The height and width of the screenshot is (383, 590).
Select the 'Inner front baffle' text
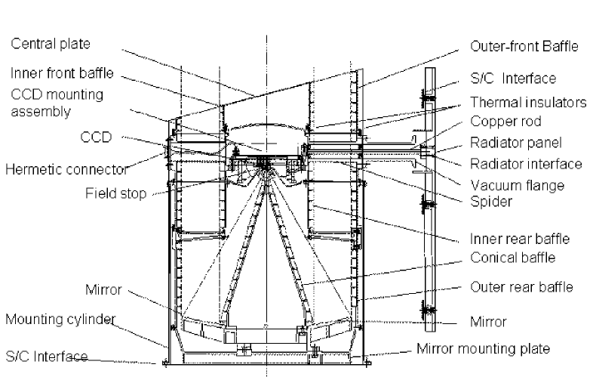(62, 73)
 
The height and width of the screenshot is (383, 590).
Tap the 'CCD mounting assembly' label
(57, 103)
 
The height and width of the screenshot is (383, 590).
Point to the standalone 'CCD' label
(96, 137)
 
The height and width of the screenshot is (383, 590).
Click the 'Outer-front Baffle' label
(524, 46)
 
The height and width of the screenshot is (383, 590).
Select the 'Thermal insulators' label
(527, 101)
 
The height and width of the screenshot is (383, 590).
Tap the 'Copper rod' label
(505, 121)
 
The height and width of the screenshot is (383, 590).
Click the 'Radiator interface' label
(526, 163)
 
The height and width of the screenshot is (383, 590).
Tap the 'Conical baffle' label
(512, 258)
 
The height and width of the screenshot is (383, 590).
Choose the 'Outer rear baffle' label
(521, 287)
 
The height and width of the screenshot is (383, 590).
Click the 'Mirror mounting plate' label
(483, 349)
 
